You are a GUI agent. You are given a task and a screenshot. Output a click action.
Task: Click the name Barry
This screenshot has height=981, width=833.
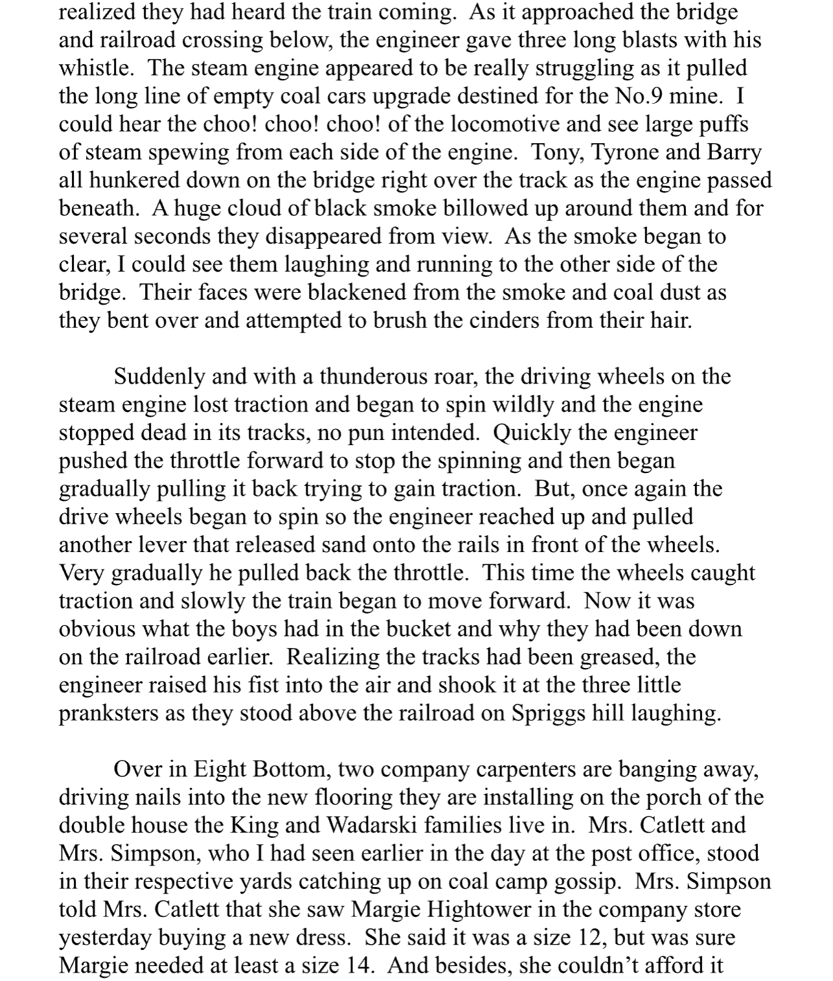pos(734,152)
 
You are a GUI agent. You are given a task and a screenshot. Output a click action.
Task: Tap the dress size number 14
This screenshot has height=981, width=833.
pos(358,965)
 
